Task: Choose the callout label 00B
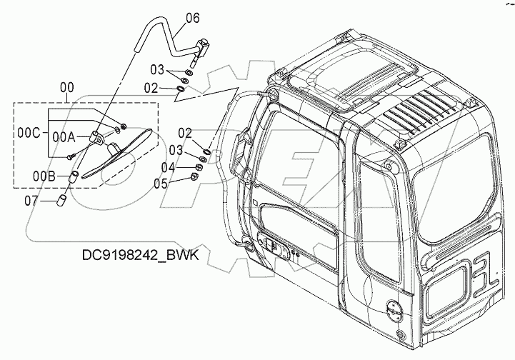(45, 172)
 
